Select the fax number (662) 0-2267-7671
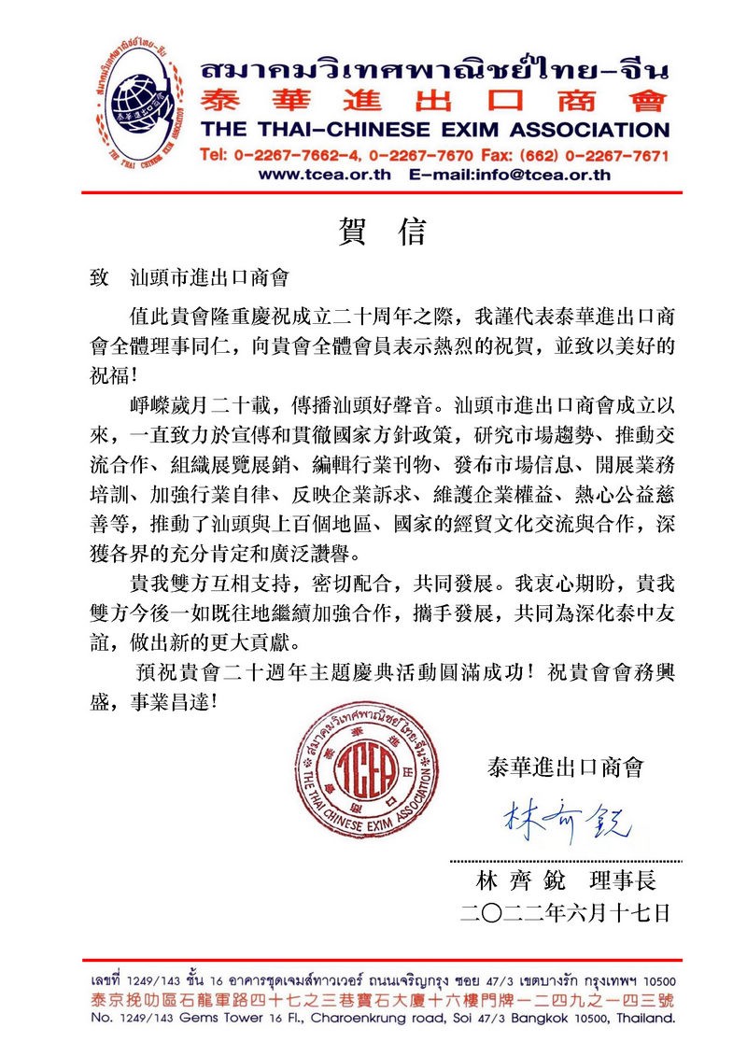588,154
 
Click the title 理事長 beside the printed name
630,881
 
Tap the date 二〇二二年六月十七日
565,913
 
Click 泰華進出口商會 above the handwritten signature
566,767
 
